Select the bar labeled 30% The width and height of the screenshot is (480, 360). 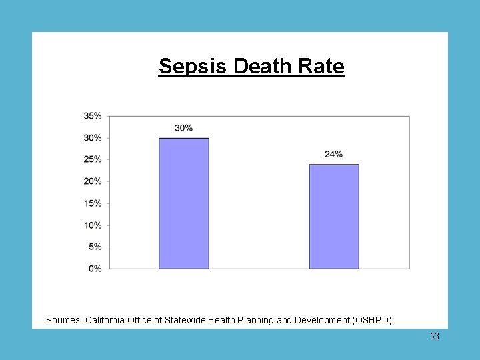tap(183, 203)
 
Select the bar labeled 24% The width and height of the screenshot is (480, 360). tap(333, 217)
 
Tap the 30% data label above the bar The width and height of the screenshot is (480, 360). tap(184, 127)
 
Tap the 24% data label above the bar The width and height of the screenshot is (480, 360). tap(333, 154)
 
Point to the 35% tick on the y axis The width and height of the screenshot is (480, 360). tap(93, 116)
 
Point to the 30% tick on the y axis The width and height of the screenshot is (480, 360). tap(93, 138)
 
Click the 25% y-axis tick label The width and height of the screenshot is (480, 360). tap(93, 159)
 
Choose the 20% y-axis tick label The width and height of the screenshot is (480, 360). tap(93, 181)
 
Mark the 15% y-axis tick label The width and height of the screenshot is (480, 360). tap(93, 203)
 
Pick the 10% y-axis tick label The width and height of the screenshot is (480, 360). tap(93, 225)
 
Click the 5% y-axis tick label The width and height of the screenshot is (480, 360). tap(95, 247)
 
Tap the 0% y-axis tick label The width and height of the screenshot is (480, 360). tap(95, 269)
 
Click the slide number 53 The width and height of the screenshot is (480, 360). tap(434, 337)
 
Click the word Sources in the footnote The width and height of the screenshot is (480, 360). tap(63, 321)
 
